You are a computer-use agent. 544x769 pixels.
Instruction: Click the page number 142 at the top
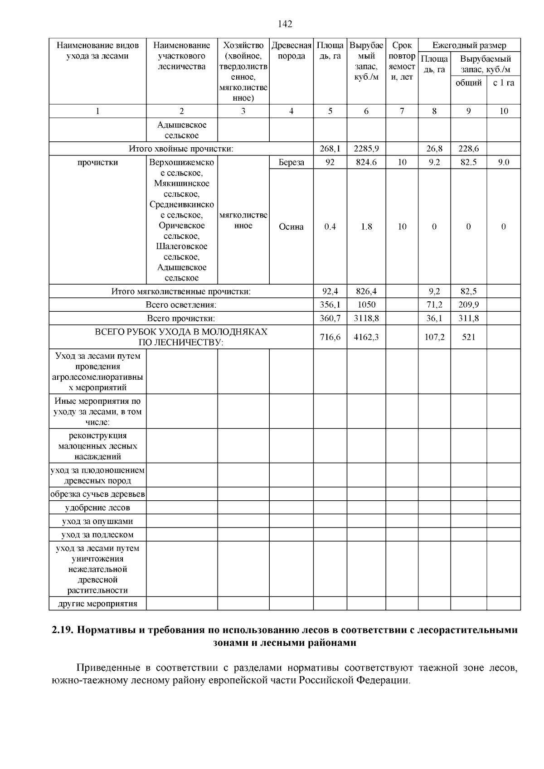[x=285, y=24]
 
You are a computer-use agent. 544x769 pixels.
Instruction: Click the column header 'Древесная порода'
[x=291, y=51]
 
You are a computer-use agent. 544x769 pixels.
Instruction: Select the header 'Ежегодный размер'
[x=469, y=45]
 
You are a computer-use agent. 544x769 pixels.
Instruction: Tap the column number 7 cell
[x=402, y=111]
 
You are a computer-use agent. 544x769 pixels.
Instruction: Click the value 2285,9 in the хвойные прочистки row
[x=366, y=149]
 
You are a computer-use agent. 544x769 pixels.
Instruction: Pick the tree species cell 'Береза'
[x=291, y=162]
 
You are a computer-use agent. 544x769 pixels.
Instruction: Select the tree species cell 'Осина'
[x=291, y=227]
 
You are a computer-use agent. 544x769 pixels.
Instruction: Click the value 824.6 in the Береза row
[x=366, y=162]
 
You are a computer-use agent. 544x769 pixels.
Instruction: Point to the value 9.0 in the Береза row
[x=503, y=162]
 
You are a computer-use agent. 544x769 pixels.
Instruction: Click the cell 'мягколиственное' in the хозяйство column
[x=243, y=220]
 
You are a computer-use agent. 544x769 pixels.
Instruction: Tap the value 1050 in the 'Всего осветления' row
[x=366, y=305]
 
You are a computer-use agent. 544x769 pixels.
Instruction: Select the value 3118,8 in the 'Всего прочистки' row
[x=366, y=319]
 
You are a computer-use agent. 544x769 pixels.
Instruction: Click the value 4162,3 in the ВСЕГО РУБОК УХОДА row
[x=366, y=337]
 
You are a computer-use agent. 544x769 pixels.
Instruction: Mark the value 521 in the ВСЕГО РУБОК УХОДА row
[x=468, y=337]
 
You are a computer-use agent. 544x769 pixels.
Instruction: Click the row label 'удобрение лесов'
[x=97, y=508]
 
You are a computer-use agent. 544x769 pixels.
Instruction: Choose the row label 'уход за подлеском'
[x=97, y=535]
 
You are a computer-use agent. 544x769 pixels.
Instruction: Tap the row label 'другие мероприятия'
[x=97, y=604]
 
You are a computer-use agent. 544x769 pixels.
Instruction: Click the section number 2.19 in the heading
[x=62, y=630]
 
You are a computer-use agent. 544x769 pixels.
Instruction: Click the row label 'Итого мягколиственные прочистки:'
[x=181, y=291]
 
